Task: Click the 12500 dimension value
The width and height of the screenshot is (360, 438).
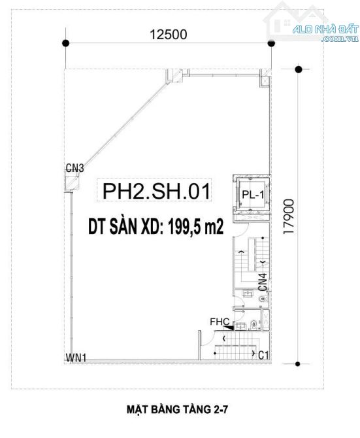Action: [x=169, y=35]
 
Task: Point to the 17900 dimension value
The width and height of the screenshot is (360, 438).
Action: [x=288, y=216]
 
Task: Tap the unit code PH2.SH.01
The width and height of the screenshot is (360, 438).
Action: [x=156, y=191]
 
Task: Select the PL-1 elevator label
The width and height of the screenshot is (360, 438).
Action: [x=253, y=194]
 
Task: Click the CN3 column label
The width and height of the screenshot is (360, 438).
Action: [x=74, y=168]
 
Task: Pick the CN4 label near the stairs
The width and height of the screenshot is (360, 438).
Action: [x=263, y=282]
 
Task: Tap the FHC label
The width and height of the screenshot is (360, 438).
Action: [x=220, y=322]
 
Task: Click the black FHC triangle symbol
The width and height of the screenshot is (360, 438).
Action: [x=229, y=328]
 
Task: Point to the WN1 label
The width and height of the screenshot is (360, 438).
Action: [x=76, y=358]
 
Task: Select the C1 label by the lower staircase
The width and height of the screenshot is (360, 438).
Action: [x=263, y=356]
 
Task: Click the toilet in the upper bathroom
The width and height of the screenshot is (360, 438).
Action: [x=263, y=299]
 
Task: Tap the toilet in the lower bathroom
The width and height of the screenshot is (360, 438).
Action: [x=254, y=324]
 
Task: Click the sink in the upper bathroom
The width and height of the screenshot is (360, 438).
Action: [x=248, y=294]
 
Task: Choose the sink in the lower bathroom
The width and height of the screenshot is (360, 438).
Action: [x=240, y=326]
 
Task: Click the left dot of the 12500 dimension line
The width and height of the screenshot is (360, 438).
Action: [x=65, y=43]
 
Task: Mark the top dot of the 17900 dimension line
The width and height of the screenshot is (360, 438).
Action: [x=299, y=69]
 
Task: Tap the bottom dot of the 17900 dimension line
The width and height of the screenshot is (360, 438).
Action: [x=297, y=364]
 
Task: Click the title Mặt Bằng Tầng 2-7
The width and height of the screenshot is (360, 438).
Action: [x=177, y=409]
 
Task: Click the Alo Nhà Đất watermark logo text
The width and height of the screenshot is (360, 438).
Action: [x=325, y=32]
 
